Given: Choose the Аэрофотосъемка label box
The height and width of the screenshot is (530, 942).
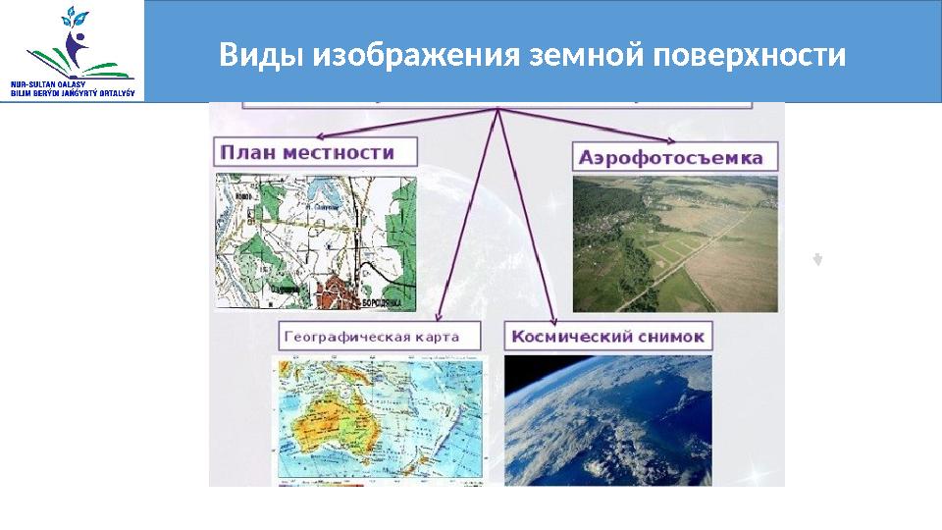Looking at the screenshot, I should coord(671,157).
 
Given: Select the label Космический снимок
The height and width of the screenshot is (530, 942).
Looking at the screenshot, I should coord(606,336).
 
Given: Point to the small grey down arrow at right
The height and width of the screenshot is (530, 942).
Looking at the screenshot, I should coord(816,260).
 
